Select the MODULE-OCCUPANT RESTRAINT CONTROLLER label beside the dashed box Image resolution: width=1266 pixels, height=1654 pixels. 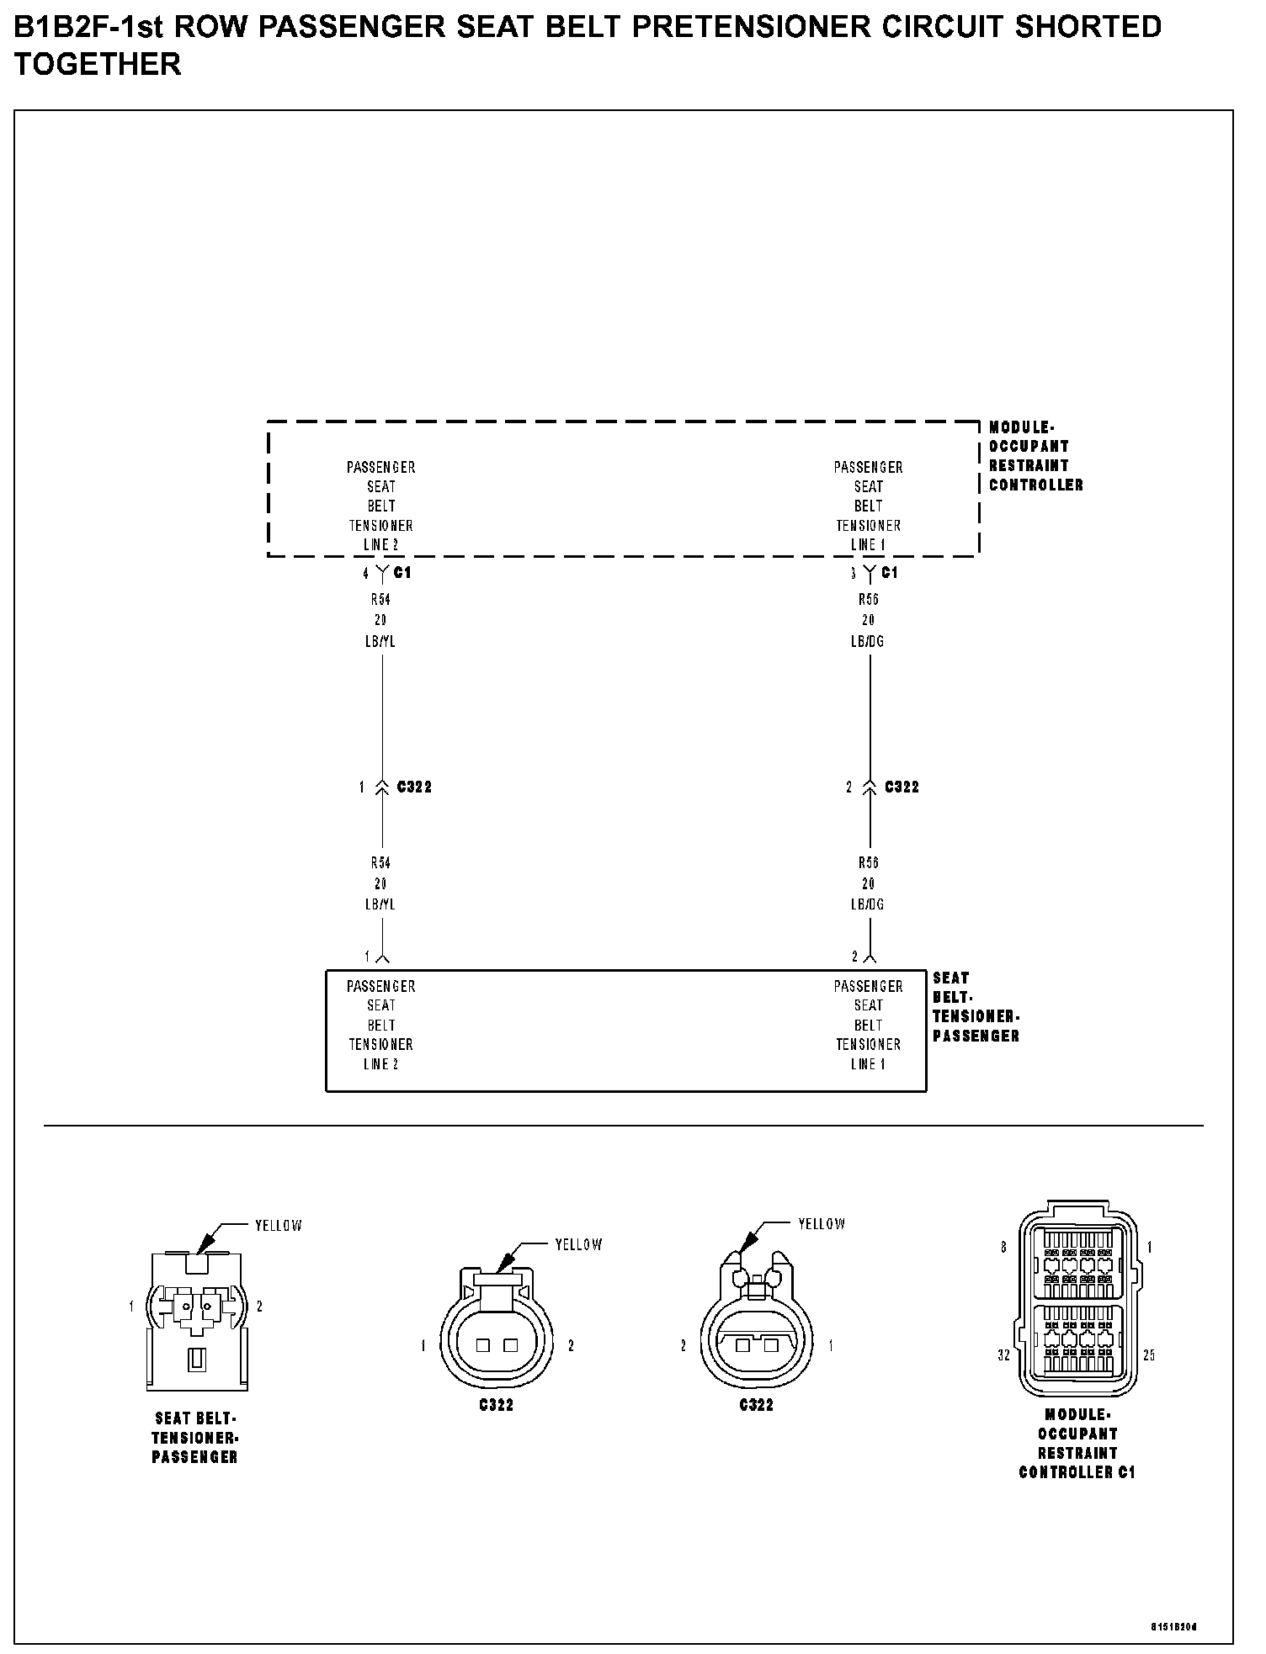(1035, 456)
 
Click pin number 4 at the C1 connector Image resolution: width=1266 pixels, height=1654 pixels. (365, 574)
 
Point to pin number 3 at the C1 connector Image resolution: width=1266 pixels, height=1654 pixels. (853, 574)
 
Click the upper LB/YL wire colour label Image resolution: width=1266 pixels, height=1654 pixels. (380, 641)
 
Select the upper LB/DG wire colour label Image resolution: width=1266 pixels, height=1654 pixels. (868, 641)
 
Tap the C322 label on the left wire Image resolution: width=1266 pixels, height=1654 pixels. (414, 787)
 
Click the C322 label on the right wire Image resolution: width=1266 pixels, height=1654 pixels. (902, 787)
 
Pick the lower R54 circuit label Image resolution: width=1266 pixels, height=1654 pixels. (380, 862)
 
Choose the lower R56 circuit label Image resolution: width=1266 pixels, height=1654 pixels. (868, 862)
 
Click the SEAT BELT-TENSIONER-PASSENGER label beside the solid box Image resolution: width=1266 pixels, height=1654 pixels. (975, 1007)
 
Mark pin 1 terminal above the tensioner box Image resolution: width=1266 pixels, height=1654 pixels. (382, 957)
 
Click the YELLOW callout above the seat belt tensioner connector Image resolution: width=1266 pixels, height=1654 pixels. (278, 1226)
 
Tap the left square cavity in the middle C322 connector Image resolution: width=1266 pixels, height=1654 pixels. (482, 1345)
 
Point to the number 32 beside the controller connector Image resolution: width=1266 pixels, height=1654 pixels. (1003, 1355)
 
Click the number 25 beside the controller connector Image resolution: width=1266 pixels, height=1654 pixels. (1150, 1355)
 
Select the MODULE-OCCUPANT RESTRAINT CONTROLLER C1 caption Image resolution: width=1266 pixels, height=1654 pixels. (1077, 1444)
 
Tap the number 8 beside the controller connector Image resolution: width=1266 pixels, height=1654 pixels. (1003, 1248)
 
